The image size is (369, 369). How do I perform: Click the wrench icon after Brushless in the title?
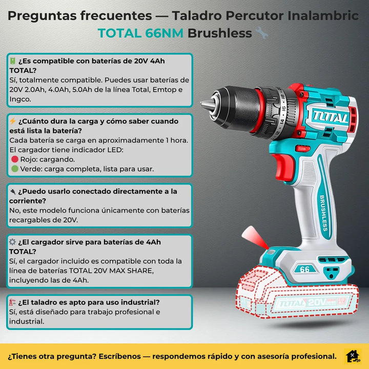[261, 34]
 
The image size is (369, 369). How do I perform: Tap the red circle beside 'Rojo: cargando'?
[15, 159]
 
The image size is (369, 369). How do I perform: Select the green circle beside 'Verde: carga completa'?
[15, 169]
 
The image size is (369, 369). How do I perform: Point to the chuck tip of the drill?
[203, 105]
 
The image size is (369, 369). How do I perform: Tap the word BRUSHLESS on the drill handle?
[324, 213]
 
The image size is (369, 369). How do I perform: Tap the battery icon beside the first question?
[13, 61]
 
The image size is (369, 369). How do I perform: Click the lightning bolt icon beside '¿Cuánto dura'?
[13, 121]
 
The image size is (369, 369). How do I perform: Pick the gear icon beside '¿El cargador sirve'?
[13, 242]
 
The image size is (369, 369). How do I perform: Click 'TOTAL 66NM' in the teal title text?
[140, 34]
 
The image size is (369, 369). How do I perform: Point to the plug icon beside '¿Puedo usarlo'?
[13, 191]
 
